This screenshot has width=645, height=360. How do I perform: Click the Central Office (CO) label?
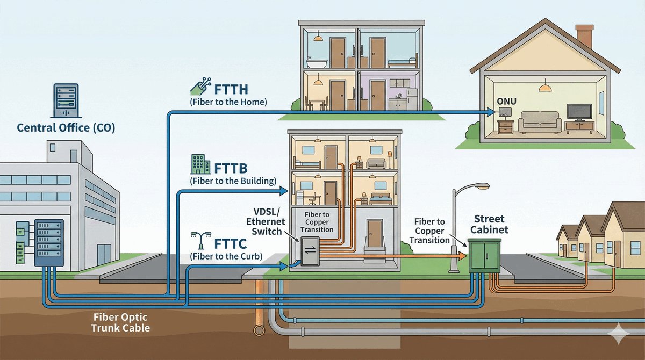(66, 128)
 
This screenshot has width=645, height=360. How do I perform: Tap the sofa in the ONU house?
(540, 123)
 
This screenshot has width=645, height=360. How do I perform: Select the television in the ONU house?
(579, 113)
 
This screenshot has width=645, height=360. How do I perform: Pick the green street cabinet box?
(485, 256)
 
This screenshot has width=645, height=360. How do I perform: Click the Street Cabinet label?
(489, 225)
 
